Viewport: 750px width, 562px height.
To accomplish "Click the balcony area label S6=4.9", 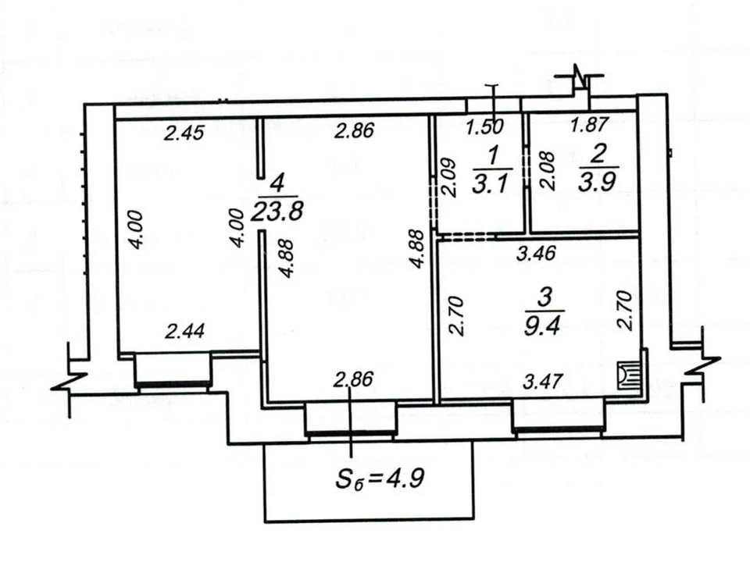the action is coord(380,478).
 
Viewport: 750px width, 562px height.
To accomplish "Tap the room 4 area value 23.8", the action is coord(277,212).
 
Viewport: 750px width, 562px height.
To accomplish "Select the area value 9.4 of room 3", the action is coord(541,326).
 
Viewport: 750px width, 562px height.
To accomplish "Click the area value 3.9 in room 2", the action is coord(596,181).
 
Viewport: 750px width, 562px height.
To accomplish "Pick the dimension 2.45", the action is coord(184,133).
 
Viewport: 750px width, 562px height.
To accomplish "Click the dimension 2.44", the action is coord(184,331).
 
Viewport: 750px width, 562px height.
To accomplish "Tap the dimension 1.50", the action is coord(485,126).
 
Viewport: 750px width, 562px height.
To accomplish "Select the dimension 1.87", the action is coord(590,125).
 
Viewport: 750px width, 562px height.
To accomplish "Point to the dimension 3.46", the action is coord(536,253).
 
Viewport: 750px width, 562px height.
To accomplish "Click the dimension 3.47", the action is coord(543,382).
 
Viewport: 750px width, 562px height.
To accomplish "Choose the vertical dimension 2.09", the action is coord(448,177).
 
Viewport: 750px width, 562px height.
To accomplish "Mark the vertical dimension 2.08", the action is coord(547,171).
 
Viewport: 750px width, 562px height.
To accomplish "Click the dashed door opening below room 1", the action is coord(466,236).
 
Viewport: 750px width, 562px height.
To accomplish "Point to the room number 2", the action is coord(598,154).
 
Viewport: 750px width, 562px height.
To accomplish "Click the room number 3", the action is coord(545,297).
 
